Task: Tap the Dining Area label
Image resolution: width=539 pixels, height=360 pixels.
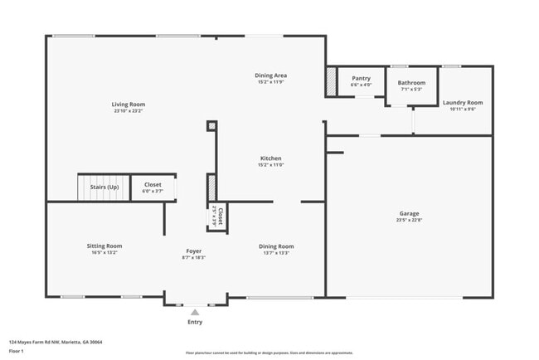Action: coord(270,75)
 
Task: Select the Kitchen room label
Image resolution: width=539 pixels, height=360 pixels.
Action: coord(270,158)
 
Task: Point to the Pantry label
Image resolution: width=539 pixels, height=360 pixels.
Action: coord(361,78)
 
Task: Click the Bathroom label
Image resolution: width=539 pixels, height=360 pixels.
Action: coord(411,82)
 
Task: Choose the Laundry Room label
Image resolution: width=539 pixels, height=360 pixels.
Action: coord(462,102)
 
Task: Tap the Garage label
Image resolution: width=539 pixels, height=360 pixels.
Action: coord(409,213)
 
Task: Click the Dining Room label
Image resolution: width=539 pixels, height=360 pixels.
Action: coord(276,246)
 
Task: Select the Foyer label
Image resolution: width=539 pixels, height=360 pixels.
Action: coord(193,251)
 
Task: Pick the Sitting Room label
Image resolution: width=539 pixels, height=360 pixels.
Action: coord(104,246)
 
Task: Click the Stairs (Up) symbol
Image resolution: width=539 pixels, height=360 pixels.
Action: coord(104,187)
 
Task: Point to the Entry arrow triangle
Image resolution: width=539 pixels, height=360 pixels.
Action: coord(195,313)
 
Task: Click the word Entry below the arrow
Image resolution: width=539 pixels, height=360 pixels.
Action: coord(195,322)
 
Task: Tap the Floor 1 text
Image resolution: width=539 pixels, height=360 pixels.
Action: coord(17,352)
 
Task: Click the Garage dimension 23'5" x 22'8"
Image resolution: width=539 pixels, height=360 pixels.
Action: coord(409,220)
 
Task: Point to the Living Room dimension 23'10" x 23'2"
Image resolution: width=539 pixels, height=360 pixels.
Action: coord(129,111)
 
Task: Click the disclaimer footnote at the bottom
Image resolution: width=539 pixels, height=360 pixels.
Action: coord(269,353)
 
